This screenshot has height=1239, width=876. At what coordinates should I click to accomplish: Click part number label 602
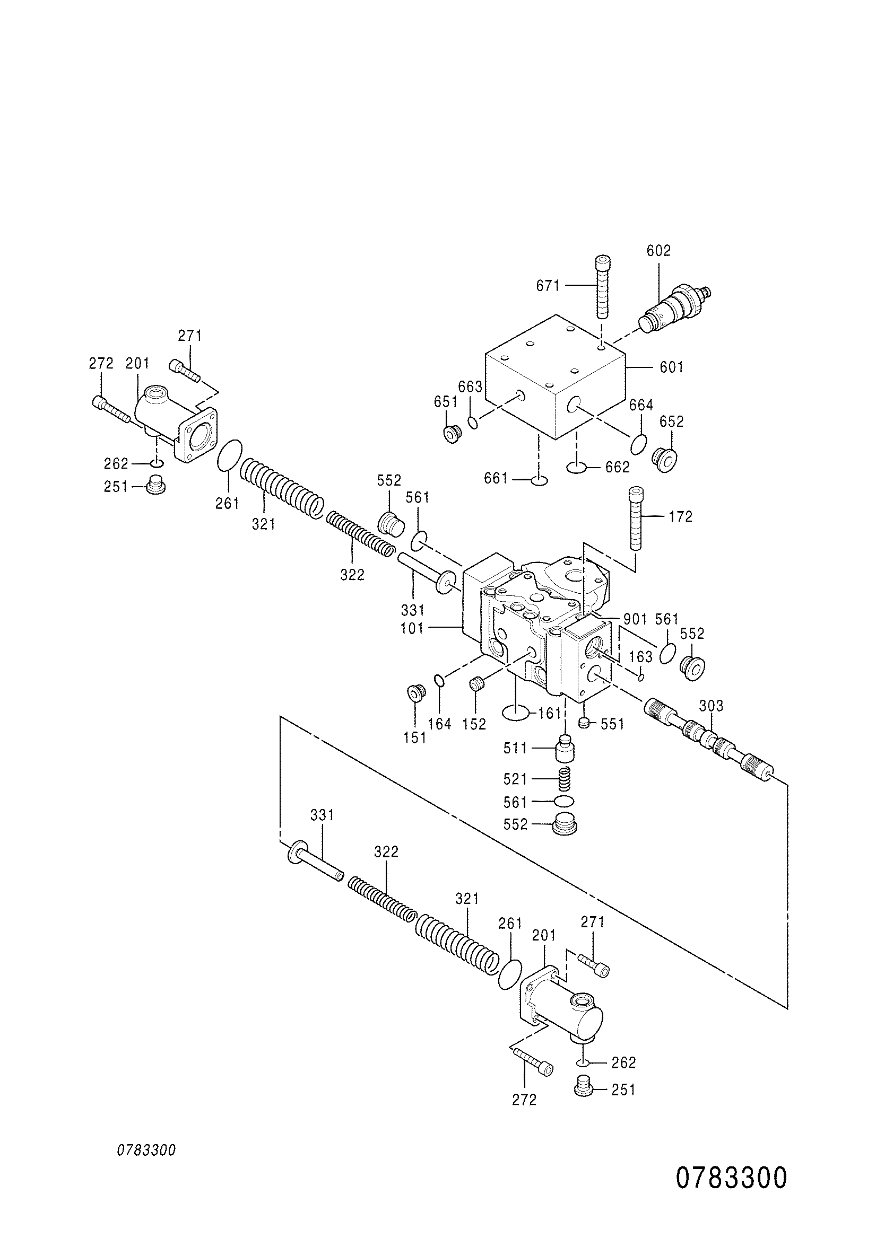658,250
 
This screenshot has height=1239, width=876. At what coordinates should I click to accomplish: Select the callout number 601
672,367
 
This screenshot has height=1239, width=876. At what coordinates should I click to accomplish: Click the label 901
635,619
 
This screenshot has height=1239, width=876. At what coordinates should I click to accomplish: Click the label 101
413,629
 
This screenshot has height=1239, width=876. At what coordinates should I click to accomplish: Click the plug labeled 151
415,692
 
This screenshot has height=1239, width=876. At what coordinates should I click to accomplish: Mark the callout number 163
641,657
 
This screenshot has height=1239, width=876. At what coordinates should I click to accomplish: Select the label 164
440,724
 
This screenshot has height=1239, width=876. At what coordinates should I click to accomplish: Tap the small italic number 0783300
147,1150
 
